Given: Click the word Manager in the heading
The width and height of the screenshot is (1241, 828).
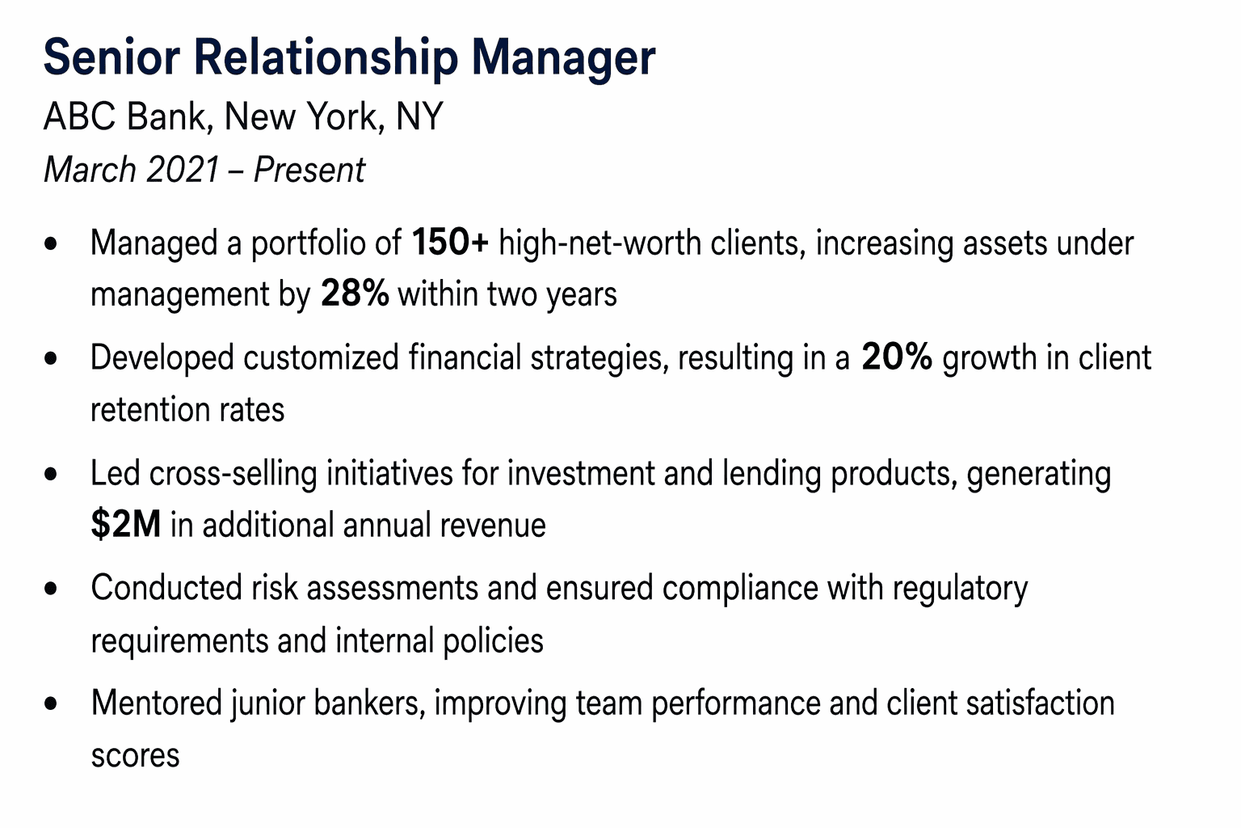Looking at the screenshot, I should pyautogui.click(x=563, y=58).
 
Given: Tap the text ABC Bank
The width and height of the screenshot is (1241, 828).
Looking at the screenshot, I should pyautogui.click(x=128, y=117).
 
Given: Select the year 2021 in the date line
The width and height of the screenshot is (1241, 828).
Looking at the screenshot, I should pyautogui.click(x=183, y=171).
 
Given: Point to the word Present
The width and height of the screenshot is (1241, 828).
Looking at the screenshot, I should pyautogui.click(x=309, y=171).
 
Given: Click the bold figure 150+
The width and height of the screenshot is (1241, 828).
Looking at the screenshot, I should pyautogui.click(x=450, y=243).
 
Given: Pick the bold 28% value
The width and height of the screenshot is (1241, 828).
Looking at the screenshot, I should pyautogui.click(x=355, y=294).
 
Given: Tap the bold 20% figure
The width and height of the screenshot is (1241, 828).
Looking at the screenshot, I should pyautogui.click(x=897, y=357).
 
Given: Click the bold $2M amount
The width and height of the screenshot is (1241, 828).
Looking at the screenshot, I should pyautogui.click(x=125, y=526).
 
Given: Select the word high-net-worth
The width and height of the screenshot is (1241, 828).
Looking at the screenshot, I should pyautogui.click(x=599, y=243).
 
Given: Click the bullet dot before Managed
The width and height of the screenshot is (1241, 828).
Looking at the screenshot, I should pyautogui.click(x=53, y=243).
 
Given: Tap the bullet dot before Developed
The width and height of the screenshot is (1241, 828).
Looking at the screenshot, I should pyautogui.click(x=53, y=358).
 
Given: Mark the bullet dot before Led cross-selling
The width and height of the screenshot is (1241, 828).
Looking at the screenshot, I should pyautogui.click(x=53, y=474).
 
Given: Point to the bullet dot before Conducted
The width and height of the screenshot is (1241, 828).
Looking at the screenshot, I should pyautogui.click(x=53, y=589).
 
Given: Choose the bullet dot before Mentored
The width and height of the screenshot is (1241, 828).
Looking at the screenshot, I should pyautogui.click(x=53, y=704).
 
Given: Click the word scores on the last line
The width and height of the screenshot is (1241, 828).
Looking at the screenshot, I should pyautogui.click(x=135, y=756).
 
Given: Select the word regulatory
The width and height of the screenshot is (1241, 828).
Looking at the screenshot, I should pyautogui.click(x=960, y=589).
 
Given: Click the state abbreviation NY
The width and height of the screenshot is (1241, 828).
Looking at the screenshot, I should pyautogui.click(x=420, y=117).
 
